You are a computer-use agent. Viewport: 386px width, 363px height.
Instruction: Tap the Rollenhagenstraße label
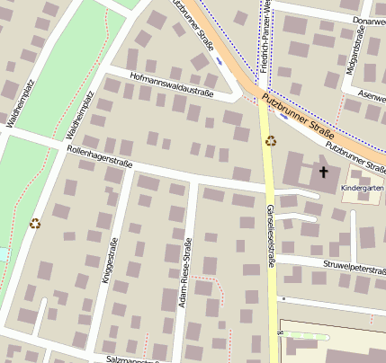coord(100,157)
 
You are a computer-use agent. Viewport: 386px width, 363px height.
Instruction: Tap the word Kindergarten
coord(364,188)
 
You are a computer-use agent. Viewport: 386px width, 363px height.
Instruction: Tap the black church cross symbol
coord(323,170)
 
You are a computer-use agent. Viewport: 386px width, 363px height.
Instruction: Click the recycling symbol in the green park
coord(35,224)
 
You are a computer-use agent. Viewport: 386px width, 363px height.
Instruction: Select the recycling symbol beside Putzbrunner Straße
coord(270,140)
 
